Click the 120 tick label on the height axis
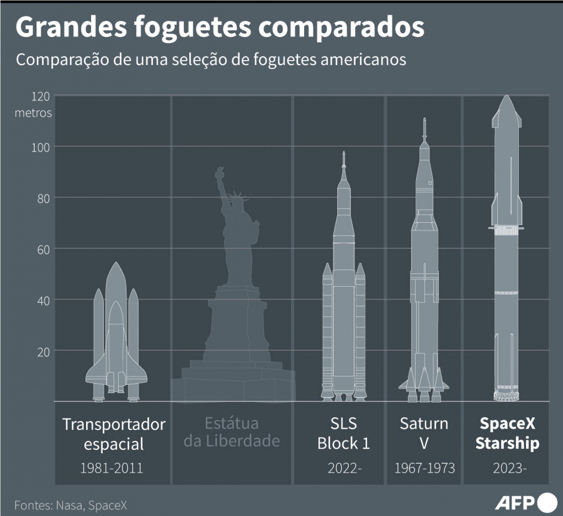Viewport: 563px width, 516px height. [41, 97]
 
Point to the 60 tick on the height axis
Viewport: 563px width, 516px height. [43, 250]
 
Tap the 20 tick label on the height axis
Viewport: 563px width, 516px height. [43, 352]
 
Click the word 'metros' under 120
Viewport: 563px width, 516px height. [33, 113]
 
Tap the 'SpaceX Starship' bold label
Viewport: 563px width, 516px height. [507, 433]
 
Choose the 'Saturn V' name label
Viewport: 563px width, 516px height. [424, 433]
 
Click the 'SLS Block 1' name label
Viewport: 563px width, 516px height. [343, 433]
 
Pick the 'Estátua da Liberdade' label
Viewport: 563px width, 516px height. [232, 432]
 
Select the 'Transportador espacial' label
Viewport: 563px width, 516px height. [114, 434]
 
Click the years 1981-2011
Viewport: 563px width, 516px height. [112, 468]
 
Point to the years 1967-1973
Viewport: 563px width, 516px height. [425, 468]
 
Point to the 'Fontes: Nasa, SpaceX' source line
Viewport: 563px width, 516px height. [71, 505]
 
